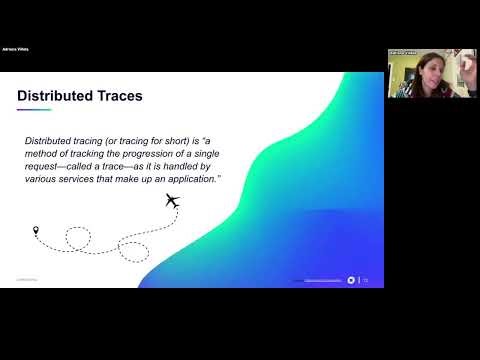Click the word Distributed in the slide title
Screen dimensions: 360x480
click(51, 96)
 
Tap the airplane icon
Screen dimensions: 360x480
click(171, 201)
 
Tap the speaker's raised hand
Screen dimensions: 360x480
click(443, 70)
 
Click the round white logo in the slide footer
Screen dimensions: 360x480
click(351, 280)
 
